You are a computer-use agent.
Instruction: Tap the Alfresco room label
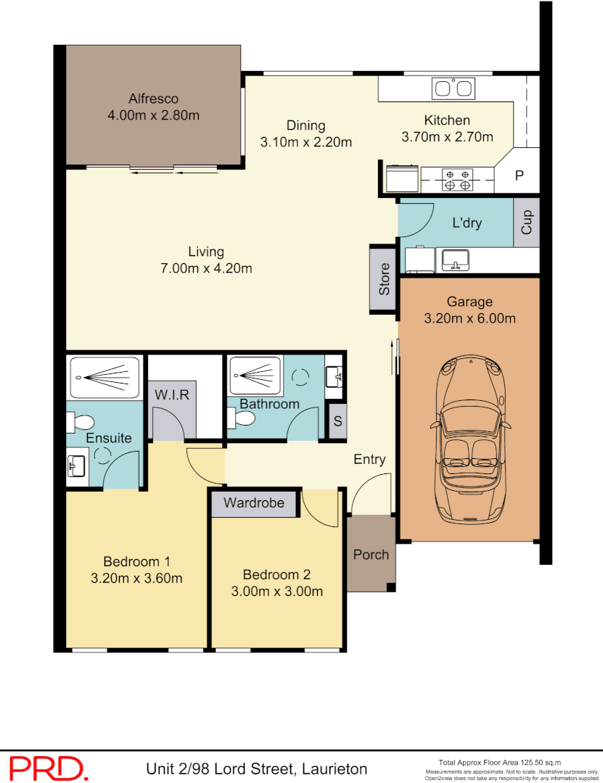click(x=153, y=99)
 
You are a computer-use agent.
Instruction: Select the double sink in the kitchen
click(x=453, y=89)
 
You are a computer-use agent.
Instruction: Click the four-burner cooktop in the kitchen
click(x=456, y=179)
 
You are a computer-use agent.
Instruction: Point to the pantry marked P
click(x=519, y=175)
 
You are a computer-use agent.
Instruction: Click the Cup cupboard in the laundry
click(x=527, y=222)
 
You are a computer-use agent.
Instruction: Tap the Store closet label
click(x=384, y=280)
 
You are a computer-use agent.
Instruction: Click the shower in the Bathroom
click(x=254, y=376)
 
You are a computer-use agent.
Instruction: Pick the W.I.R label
click(x=172, y=395)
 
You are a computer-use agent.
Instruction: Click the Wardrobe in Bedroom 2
click(x=254, y=502)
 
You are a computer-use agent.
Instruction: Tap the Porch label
click(x=371, y=555)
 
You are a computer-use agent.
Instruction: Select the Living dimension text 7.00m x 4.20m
click(x=205, y=268)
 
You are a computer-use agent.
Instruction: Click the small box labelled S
click(x=337, y=421)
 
